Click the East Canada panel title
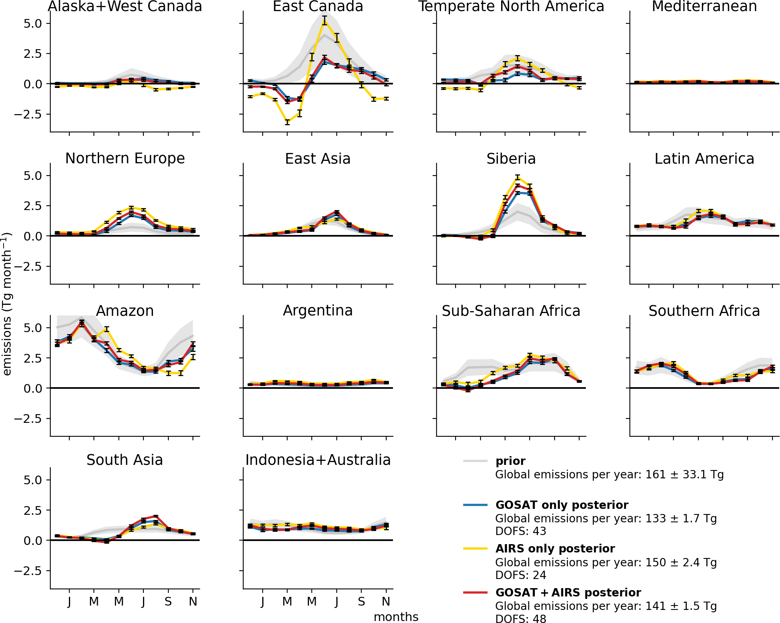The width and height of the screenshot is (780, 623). pyautogui.click(x=318, y=6)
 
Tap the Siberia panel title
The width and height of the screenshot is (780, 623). pyautogui.click(x=511, y=159)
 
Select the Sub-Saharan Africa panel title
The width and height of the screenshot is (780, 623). pyautogui.click(x=511, y=311)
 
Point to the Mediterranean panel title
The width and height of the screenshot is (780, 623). pyautogui.click(x=704, y=6)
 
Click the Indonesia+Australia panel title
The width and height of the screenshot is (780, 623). pyautogui.click(x=318, y=460)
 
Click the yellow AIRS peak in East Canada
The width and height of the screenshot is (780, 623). pyautogui.click(x=324, y=21)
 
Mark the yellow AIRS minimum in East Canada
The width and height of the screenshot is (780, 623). pyautogui.click(x=287, y=122)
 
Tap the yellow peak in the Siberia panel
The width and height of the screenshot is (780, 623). pyautogui.click(x=517, y=178)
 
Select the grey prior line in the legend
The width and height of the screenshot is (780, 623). pyautogui.click(x=475, y=461)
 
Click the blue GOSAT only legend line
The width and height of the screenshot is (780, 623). pyautogui.click(x=475, y=505)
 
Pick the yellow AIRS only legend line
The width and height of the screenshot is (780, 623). pyautogui.click(x=475, y=548)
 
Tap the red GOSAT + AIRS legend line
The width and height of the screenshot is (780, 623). pyautogui.click(x=475, y=592)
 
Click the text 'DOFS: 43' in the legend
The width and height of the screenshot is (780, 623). pyautogui.click(x=521, y=531)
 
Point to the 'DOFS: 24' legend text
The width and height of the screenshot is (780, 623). pyautogui.click(x=521, y=575)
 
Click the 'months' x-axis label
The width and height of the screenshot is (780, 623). pyautogui.click(x=396, y=617)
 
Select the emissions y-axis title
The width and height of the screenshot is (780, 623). pyautogui.click(x=7, y=304)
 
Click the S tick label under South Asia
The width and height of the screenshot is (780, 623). pyautogui.click(x=168, y=602)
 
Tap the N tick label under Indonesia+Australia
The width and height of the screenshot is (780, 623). pyautogui.click(x=386, y=602)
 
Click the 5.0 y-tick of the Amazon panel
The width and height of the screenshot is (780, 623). pyautogui.click(x=32, y=328)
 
